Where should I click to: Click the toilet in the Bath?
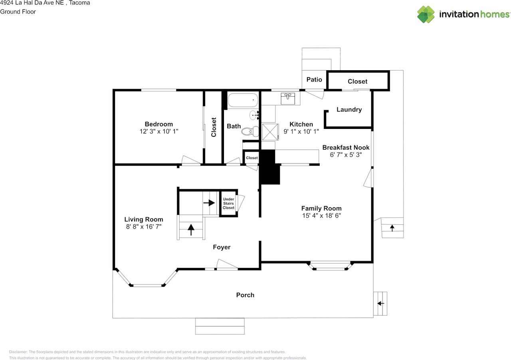(250, 132)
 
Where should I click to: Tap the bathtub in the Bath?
(243, 100)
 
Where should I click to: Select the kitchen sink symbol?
(288, 99)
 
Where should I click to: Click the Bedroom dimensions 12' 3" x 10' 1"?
(159, 131)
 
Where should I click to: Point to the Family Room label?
(321, 208)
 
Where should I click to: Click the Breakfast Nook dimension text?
(346, 155)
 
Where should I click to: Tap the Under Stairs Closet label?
(228, 203)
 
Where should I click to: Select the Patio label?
(314, 79)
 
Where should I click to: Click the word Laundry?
(349, 110)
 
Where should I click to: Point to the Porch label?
(245, 295)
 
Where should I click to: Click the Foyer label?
(222, 247)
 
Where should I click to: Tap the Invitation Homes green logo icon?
(426, 14)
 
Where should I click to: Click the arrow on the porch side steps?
(381, 303)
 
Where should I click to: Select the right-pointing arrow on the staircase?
(209, 203)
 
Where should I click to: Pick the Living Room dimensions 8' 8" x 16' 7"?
(144, 227)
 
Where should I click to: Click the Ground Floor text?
(18, 12)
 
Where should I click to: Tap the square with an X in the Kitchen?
(270, 132)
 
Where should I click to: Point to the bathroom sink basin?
(254, 115)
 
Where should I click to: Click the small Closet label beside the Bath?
(252, 158)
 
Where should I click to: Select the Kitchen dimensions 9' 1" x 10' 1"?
(301, 132)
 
